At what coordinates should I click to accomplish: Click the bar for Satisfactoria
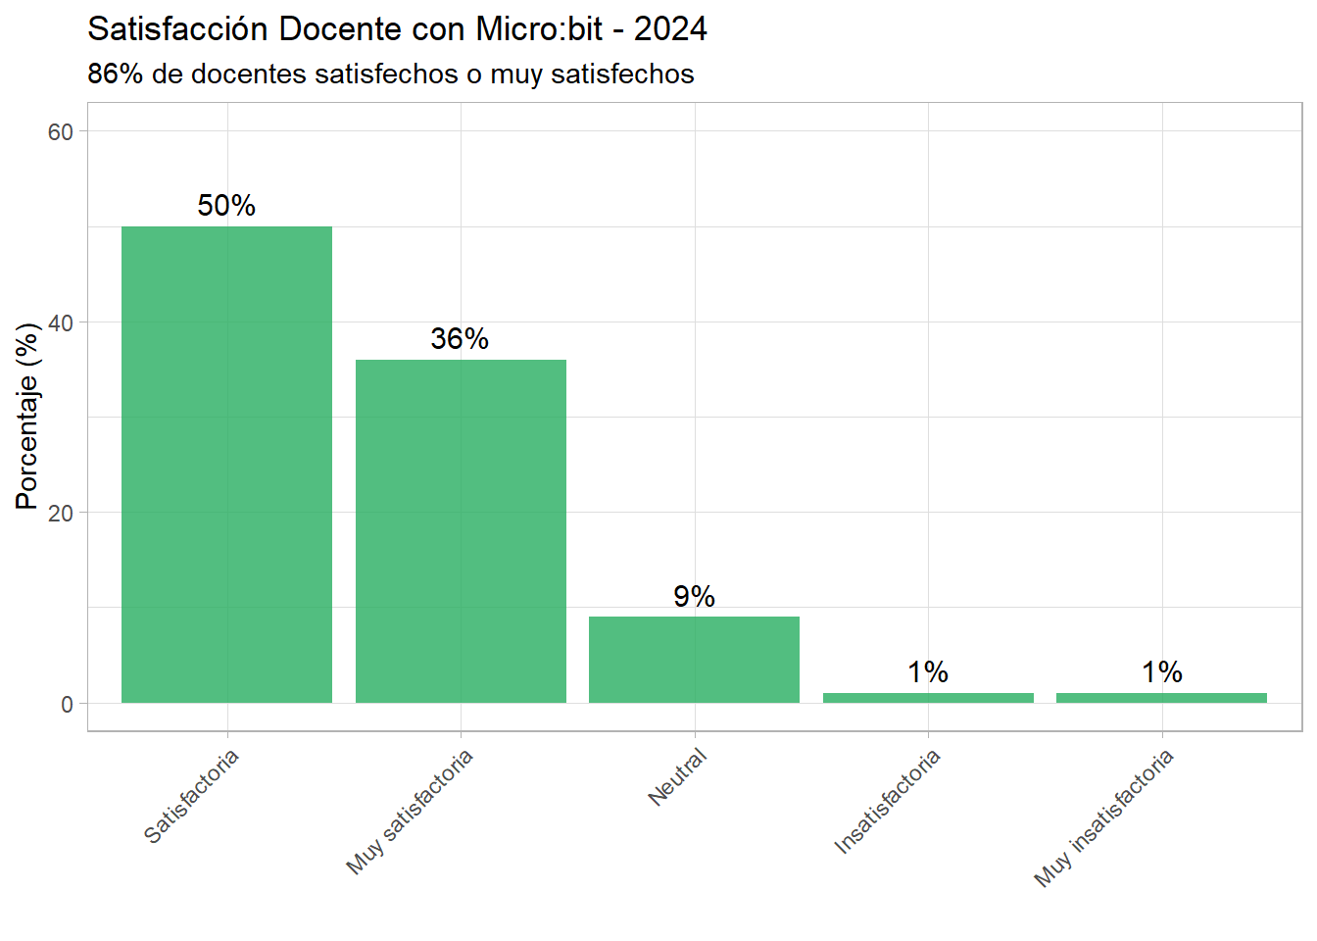(x=226, y=465)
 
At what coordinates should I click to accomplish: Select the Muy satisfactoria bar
(x=461, y=531)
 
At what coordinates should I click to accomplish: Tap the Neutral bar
(x=694, y=660)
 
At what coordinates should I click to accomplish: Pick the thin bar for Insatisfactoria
(x=928, y=698)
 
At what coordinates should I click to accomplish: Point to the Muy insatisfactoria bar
(x=1161, y=698)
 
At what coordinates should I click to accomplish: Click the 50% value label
(x=226, y=206)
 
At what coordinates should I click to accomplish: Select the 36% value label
(x=460, y=339)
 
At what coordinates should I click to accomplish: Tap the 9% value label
(x=694, y=596)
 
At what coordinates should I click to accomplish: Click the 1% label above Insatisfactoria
(x=928, y=672)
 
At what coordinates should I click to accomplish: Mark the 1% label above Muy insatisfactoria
(x=1161, y=672)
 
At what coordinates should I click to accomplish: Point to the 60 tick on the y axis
(x=61, y=132)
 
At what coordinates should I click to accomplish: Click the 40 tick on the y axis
(x=61, y=322)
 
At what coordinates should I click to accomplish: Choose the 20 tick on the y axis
(x=61, y=514)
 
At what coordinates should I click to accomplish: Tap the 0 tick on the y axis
(x=67, y=704)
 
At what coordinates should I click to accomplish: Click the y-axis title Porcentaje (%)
(x=27, y=416)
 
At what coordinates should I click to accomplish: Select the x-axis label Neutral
(x=678, y=776)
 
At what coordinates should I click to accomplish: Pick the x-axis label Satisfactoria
(x=192, y=796)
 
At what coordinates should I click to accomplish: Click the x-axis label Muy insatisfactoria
(x=1104, y=817)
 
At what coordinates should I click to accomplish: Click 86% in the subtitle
(x=116, y=74)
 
